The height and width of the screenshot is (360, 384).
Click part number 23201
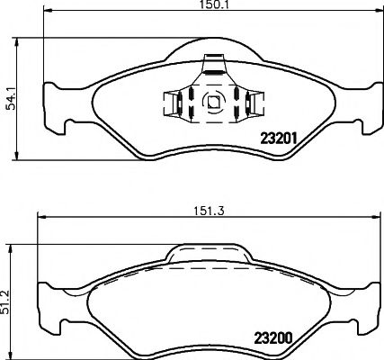(x=278, y=139)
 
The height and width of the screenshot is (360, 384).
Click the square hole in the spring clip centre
(x=213, y=103)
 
